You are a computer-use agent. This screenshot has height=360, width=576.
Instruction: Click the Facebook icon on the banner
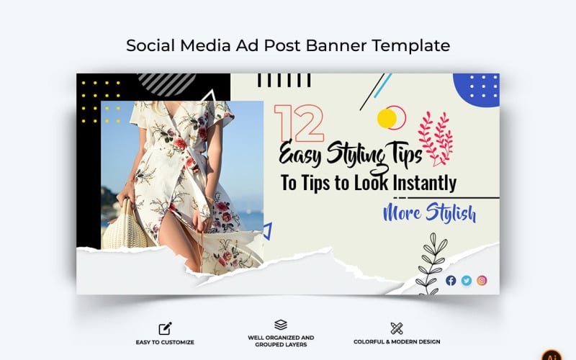click(451, 280)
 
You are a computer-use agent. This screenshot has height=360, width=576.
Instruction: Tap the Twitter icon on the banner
click(467, 280)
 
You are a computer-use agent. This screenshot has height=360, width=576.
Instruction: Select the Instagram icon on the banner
click(482, 280)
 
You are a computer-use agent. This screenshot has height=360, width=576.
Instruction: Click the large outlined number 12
click(298, 122)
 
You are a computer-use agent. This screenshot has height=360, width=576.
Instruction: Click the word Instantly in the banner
click(426, 183)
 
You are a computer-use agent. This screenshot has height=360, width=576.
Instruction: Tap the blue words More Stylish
click(429, 214)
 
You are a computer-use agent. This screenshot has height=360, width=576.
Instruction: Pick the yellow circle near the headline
click(387, 117)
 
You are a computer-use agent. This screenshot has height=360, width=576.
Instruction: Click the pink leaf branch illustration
click(436, 137)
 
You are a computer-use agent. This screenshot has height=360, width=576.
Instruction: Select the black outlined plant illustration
click(430, 263)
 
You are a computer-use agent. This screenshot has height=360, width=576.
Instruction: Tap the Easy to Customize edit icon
click(165, 328)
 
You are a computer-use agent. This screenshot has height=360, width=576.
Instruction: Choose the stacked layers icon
click(281, 325)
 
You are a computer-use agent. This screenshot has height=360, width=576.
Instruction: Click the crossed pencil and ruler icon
click(396, 328)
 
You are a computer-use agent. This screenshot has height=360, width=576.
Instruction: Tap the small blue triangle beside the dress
click(267, 231)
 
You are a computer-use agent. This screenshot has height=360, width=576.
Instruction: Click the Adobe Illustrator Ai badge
click(553, 355)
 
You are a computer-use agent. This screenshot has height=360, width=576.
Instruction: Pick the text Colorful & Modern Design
click(397, 342)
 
